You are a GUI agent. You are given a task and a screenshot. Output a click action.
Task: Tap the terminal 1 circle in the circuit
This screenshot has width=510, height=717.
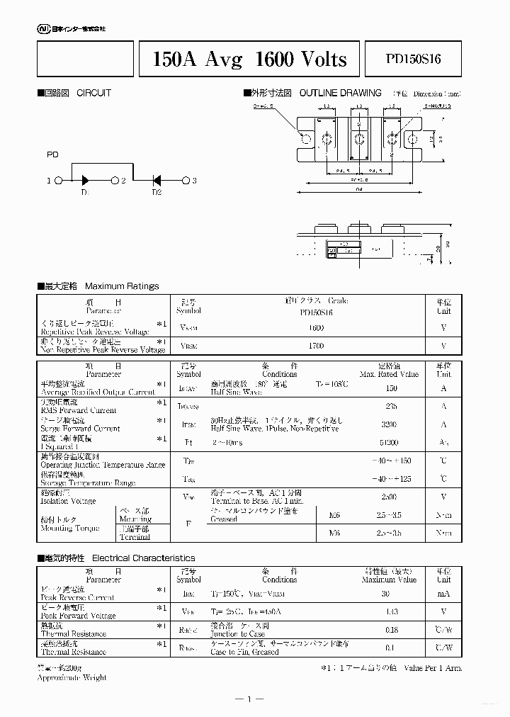point(59,181)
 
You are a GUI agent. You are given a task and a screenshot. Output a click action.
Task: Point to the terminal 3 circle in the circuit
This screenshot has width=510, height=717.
point(186,181)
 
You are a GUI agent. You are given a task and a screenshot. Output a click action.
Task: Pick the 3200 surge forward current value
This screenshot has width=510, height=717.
point(387,424)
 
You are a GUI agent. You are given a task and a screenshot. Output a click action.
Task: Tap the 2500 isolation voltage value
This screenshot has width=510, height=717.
point(387,497)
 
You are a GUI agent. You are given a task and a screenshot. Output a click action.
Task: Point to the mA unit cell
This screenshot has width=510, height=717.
point(443,594)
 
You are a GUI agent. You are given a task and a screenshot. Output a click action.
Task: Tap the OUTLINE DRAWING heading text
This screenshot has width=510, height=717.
point(341,93)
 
